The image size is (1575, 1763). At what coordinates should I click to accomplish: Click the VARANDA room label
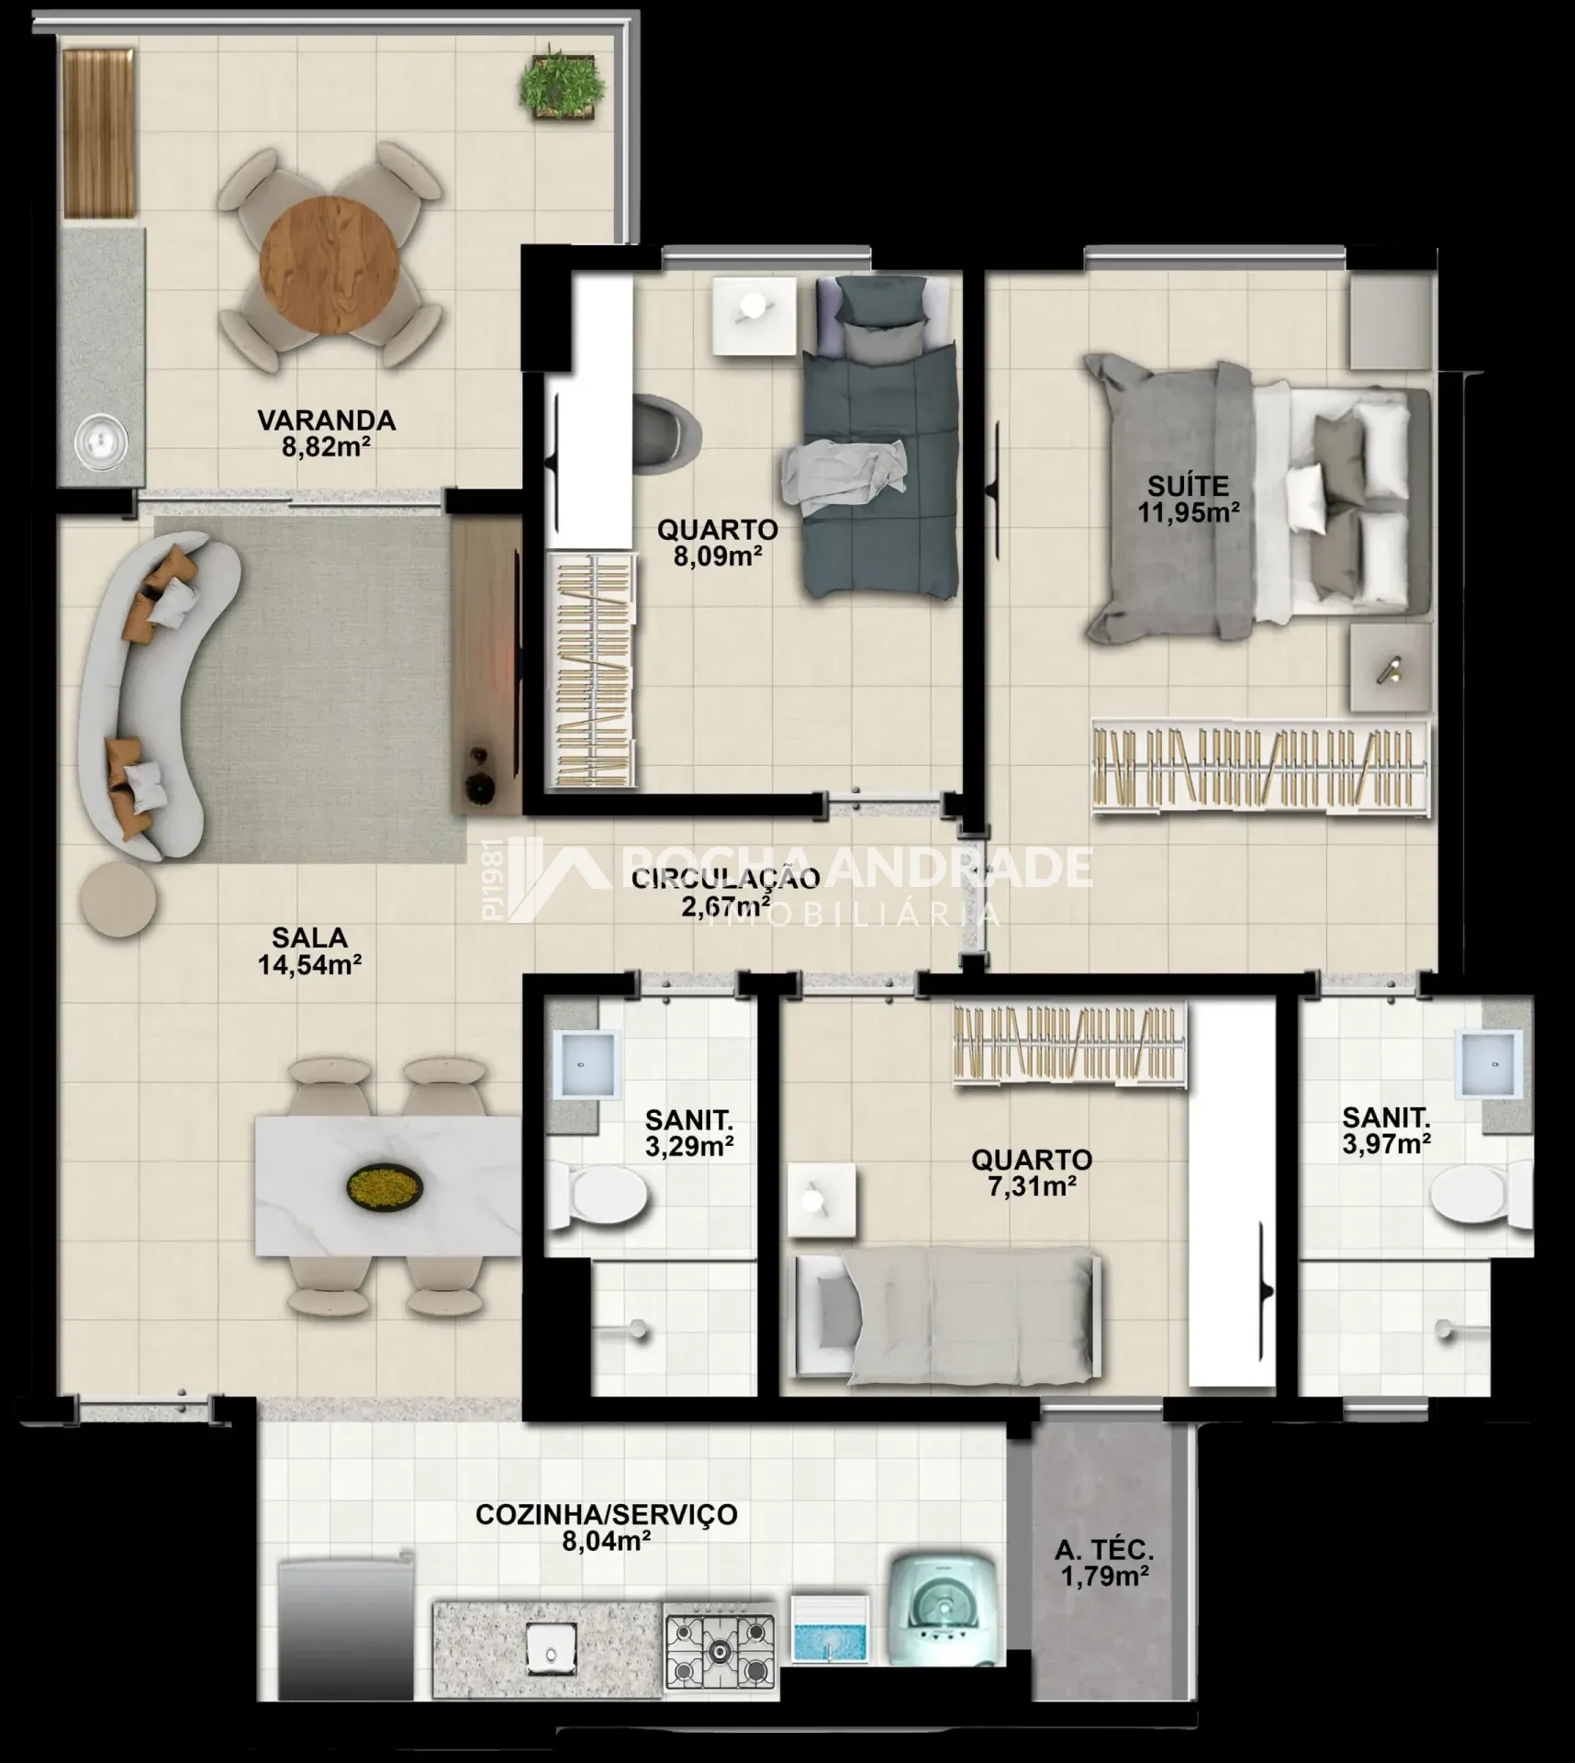click(x=327, y=421)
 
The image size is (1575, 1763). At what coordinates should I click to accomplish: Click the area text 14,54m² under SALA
click(x=309, y=964)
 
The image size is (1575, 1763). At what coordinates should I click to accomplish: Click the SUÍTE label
click(x=1189, y=486)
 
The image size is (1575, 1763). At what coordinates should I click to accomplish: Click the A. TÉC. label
click(x=1104, y=1550)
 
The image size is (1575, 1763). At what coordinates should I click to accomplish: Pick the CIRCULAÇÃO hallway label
click(x=725, y=879)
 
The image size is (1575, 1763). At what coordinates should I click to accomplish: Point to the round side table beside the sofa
click(x=118, y=899)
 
